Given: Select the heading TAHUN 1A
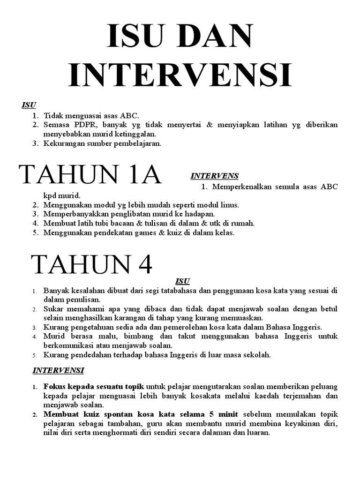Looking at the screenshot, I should pyautogui.click(x=90, y=175).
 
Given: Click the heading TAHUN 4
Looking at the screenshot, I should pyautogui.click(x=92, y=265).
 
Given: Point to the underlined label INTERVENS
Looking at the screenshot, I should pyautogui.click(x=214, y=176).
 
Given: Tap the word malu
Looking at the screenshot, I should pyautogui.click(x=99, y=337).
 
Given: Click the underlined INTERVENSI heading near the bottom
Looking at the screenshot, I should pyautogui.click(x=58, y=370).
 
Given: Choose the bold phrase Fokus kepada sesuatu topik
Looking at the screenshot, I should pyautogui.click(x=94, y=387).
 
